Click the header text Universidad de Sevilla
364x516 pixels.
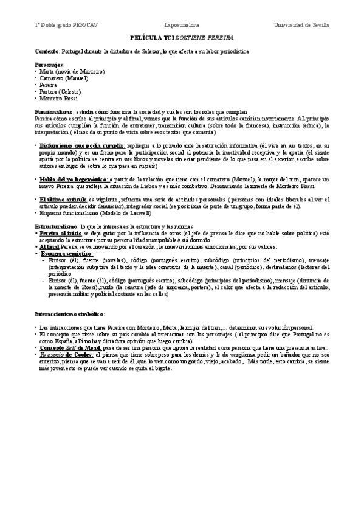click(302, 25)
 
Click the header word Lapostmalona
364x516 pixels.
click(182, 25)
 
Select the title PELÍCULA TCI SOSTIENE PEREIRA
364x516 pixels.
click(182, 38)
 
